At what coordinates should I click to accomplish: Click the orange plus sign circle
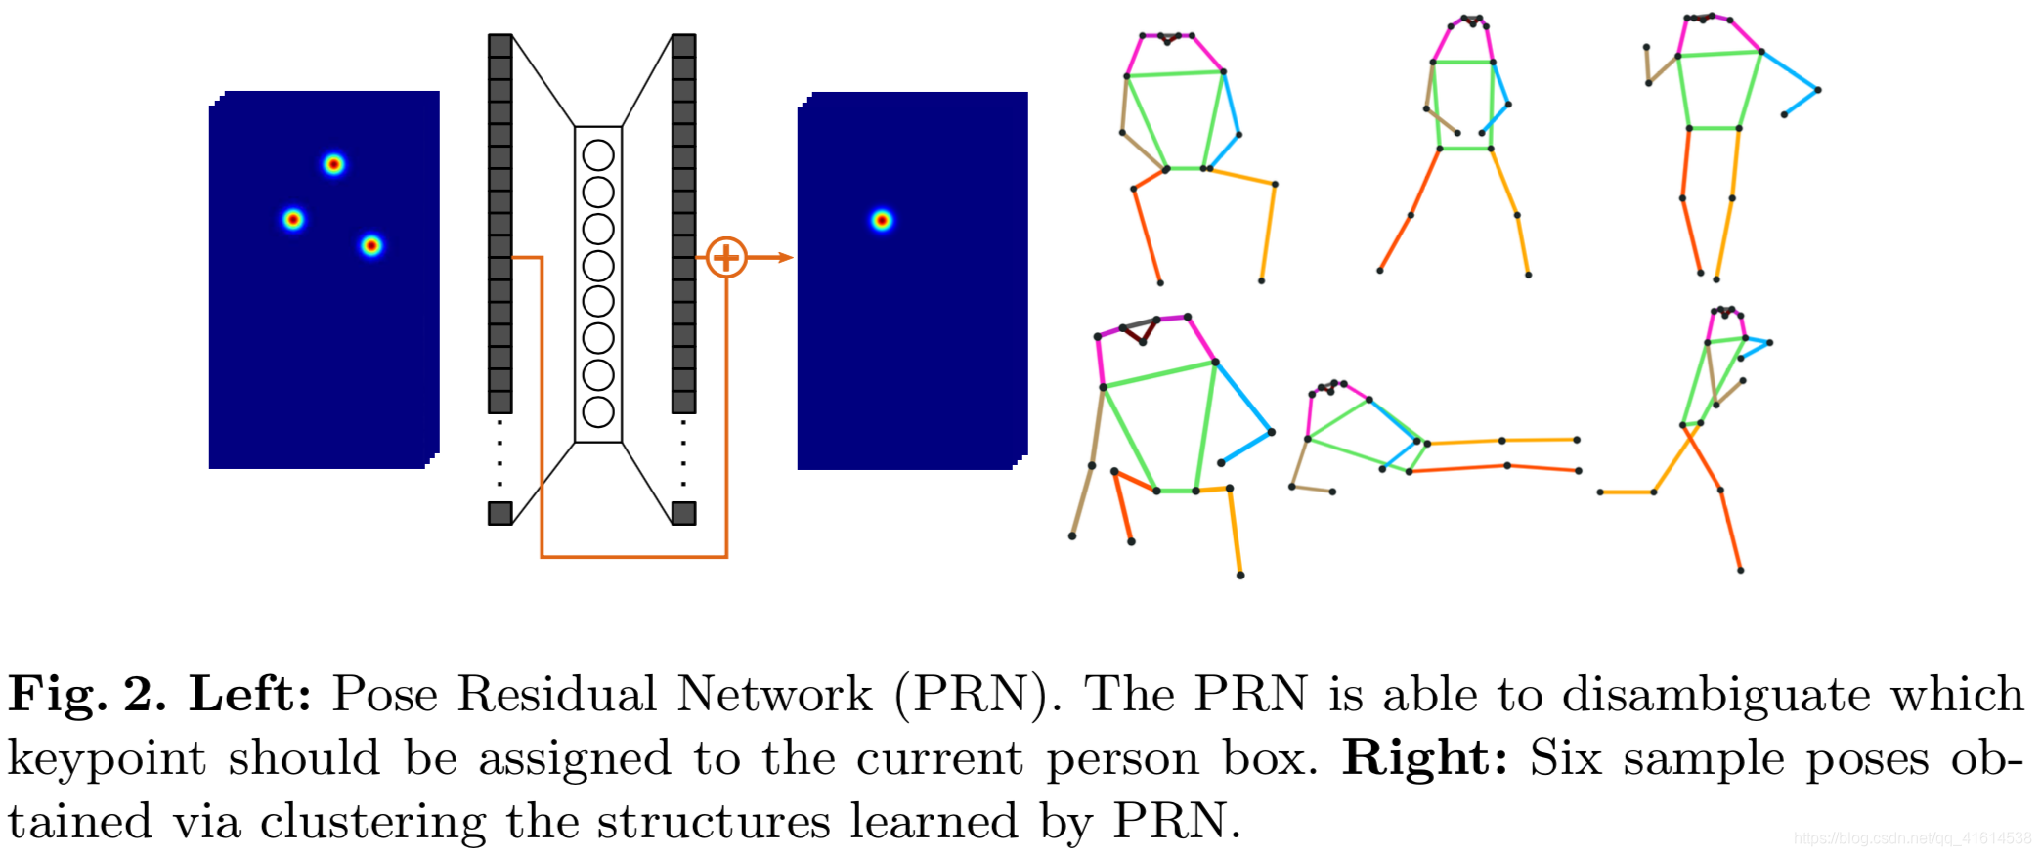pyautogui.click(x=726, y=258)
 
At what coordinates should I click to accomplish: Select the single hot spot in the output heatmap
pyautogui.click(x=882, y=221)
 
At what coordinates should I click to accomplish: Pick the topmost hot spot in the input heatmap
pyautogui.click(x=334, y=164)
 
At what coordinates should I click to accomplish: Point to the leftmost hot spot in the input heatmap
pyautogui.click(x=293, y=220)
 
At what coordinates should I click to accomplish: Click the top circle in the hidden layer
pyautogui.click(x=598, y=155)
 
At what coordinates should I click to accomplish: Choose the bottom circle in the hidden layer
pyautogui.click(x=598, y=411)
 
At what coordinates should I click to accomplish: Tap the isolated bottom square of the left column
pyautogui.click(x=500, y=513)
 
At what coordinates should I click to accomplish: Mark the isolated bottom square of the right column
pyautogui.click(x=684, y=513)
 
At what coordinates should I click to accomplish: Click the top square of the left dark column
pyautogui.click(x=500, y=46)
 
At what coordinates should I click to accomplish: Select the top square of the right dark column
pyautogui.click(x=684, y=46)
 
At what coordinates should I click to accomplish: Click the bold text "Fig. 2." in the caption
pyautogui.click(x=87, y=695)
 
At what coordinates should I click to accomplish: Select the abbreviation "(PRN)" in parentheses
pyautogui.click(x=977, y=695)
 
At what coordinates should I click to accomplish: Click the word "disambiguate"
pyautogui.click(x=1716, y=695)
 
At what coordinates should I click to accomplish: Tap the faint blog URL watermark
pyautogui.click(x=1912, y=838)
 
